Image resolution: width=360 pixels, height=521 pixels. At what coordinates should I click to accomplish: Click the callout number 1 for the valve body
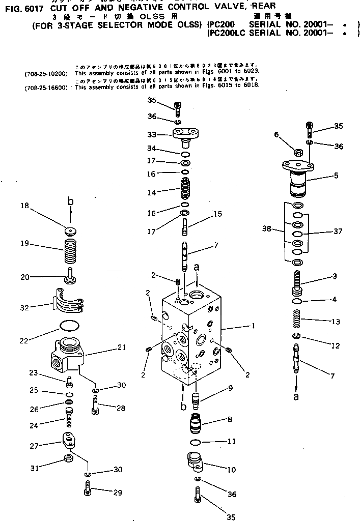[x=253, y=326]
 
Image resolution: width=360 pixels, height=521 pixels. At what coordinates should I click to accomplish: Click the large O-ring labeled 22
[x=69, y=325]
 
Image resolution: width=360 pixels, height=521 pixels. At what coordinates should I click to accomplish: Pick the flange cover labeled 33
[x=185, y=135]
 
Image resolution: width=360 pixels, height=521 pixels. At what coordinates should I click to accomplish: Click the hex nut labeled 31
[x=68, y=461]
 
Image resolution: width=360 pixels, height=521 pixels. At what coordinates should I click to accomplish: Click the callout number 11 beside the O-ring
[x=231, y=442]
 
